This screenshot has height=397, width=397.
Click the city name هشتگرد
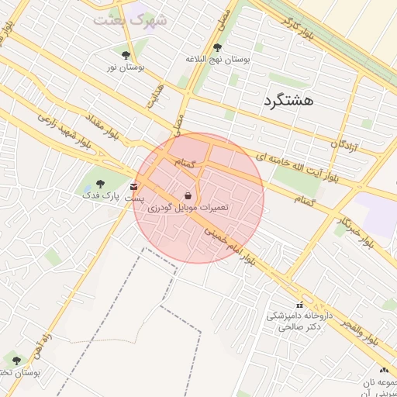click(288, 102)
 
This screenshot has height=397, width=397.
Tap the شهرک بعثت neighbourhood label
click(130, 19)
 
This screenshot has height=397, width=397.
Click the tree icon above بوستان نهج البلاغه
click(216, 48)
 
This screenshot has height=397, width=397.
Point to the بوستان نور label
click(126, 68)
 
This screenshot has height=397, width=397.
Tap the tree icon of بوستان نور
click(126, 55)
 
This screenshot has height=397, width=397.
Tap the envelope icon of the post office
click(134, 186)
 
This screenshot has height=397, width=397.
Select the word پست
click(136, 198)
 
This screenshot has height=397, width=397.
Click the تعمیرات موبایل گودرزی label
click(188, 208)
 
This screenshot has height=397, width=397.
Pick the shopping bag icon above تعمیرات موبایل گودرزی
click(189, 195)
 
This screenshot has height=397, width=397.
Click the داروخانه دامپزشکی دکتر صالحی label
click(299, 322)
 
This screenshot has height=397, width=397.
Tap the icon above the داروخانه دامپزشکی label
click(299, 305)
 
